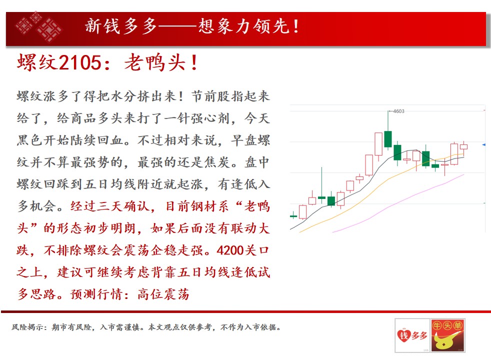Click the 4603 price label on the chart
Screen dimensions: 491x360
pyautogui.click(x=398, y=111)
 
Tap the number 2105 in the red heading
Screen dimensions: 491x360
pyautogui.click(x=80, y=62)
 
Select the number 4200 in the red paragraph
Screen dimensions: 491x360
pyautogui.click(x=230, y=250)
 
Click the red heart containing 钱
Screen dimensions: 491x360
pyautogui.click(x=403, y=336)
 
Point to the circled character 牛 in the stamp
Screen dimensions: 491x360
pyautogui.click(x=437, y=325)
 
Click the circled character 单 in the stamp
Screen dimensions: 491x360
pyautogui.click(x=458, y=325)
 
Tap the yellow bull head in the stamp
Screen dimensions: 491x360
pyautogui.click(x=445, y=340)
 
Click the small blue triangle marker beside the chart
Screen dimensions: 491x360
pyautogui.click(x=484, y=144)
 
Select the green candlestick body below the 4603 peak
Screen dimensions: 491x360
pyautogui.click(x=388, y=139)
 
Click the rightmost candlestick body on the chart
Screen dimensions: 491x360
pyautogui.click(x=464, y=147)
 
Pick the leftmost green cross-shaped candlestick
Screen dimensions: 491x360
pyautogui.click(x=293, y=216)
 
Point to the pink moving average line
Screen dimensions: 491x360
pyautogui.click(x=397, y=204)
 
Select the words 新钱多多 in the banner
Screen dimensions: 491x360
pyautogui.click(x=121, y=26)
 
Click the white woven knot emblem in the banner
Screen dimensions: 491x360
pyautogui.click(x=39, y=26)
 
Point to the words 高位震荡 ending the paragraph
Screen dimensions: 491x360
pyautogui.click(x=163, y=294)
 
